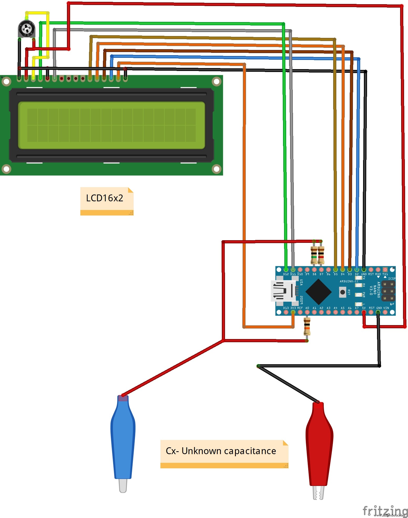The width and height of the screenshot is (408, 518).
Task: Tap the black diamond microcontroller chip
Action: tap(318, 292)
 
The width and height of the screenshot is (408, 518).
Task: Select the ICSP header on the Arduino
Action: tap(388, 291)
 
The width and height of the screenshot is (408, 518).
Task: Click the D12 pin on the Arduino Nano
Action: tap(286, 270)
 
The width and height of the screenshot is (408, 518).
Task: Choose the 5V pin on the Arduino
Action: tap(364, 312)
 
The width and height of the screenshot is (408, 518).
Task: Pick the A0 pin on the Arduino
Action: tap(307, 312)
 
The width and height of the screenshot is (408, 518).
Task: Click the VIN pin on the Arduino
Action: tap(385, 312)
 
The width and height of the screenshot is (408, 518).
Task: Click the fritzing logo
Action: tap(385, 510)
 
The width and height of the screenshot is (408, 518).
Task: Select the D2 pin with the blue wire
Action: tap(357, 270)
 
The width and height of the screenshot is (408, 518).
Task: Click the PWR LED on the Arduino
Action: tap(358, 295)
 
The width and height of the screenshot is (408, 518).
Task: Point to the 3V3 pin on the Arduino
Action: tap(293, 312)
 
